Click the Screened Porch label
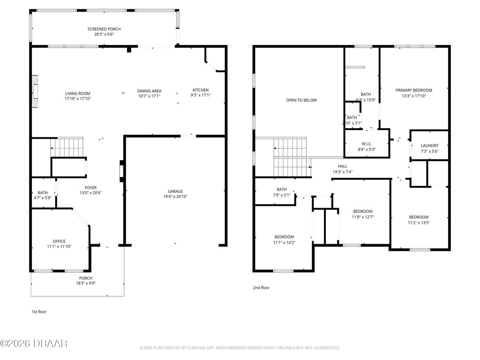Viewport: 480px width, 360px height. click(x=104, y=29)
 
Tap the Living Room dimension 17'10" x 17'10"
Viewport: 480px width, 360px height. click(x=78, y=99)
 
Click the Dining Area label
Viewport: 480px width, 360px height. click(x=149, y=91)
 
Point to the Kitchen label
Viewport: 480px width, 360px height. click(x=201, y=90)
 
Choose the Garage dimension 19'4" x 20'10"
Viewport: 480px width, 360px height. click(x=175, y=196)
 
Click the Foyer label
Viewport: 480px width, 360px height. click(x=91, y=188)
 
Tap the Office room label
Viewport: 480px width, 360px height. click(x=59, y=241)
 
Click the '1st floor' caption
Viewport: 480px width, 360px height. click(x=39, y=312)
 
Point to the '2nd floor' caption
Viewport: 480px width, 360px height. click(x=261, y=288)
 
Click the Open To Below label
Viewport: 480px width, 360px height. click(x=301, y=100)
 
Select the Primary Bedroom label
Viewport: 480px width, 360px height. click(x=414, y=90)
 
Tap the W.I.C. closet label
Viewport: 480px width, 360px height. click(x=366, y=144)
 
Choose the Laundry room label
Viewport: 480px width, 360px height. click(x=429, y=146)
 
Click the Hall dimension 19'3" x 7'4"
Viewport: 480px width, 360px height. click(x=342, y=172)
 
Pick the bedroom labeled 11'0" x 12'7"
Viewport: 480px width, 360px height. click(x=363, y=214)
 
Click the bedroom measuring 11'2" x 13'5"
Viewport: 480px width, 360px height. click(x=418, y=220)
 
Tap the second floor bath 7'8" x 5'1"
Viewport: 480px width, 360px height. click(x=282, y=192)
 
